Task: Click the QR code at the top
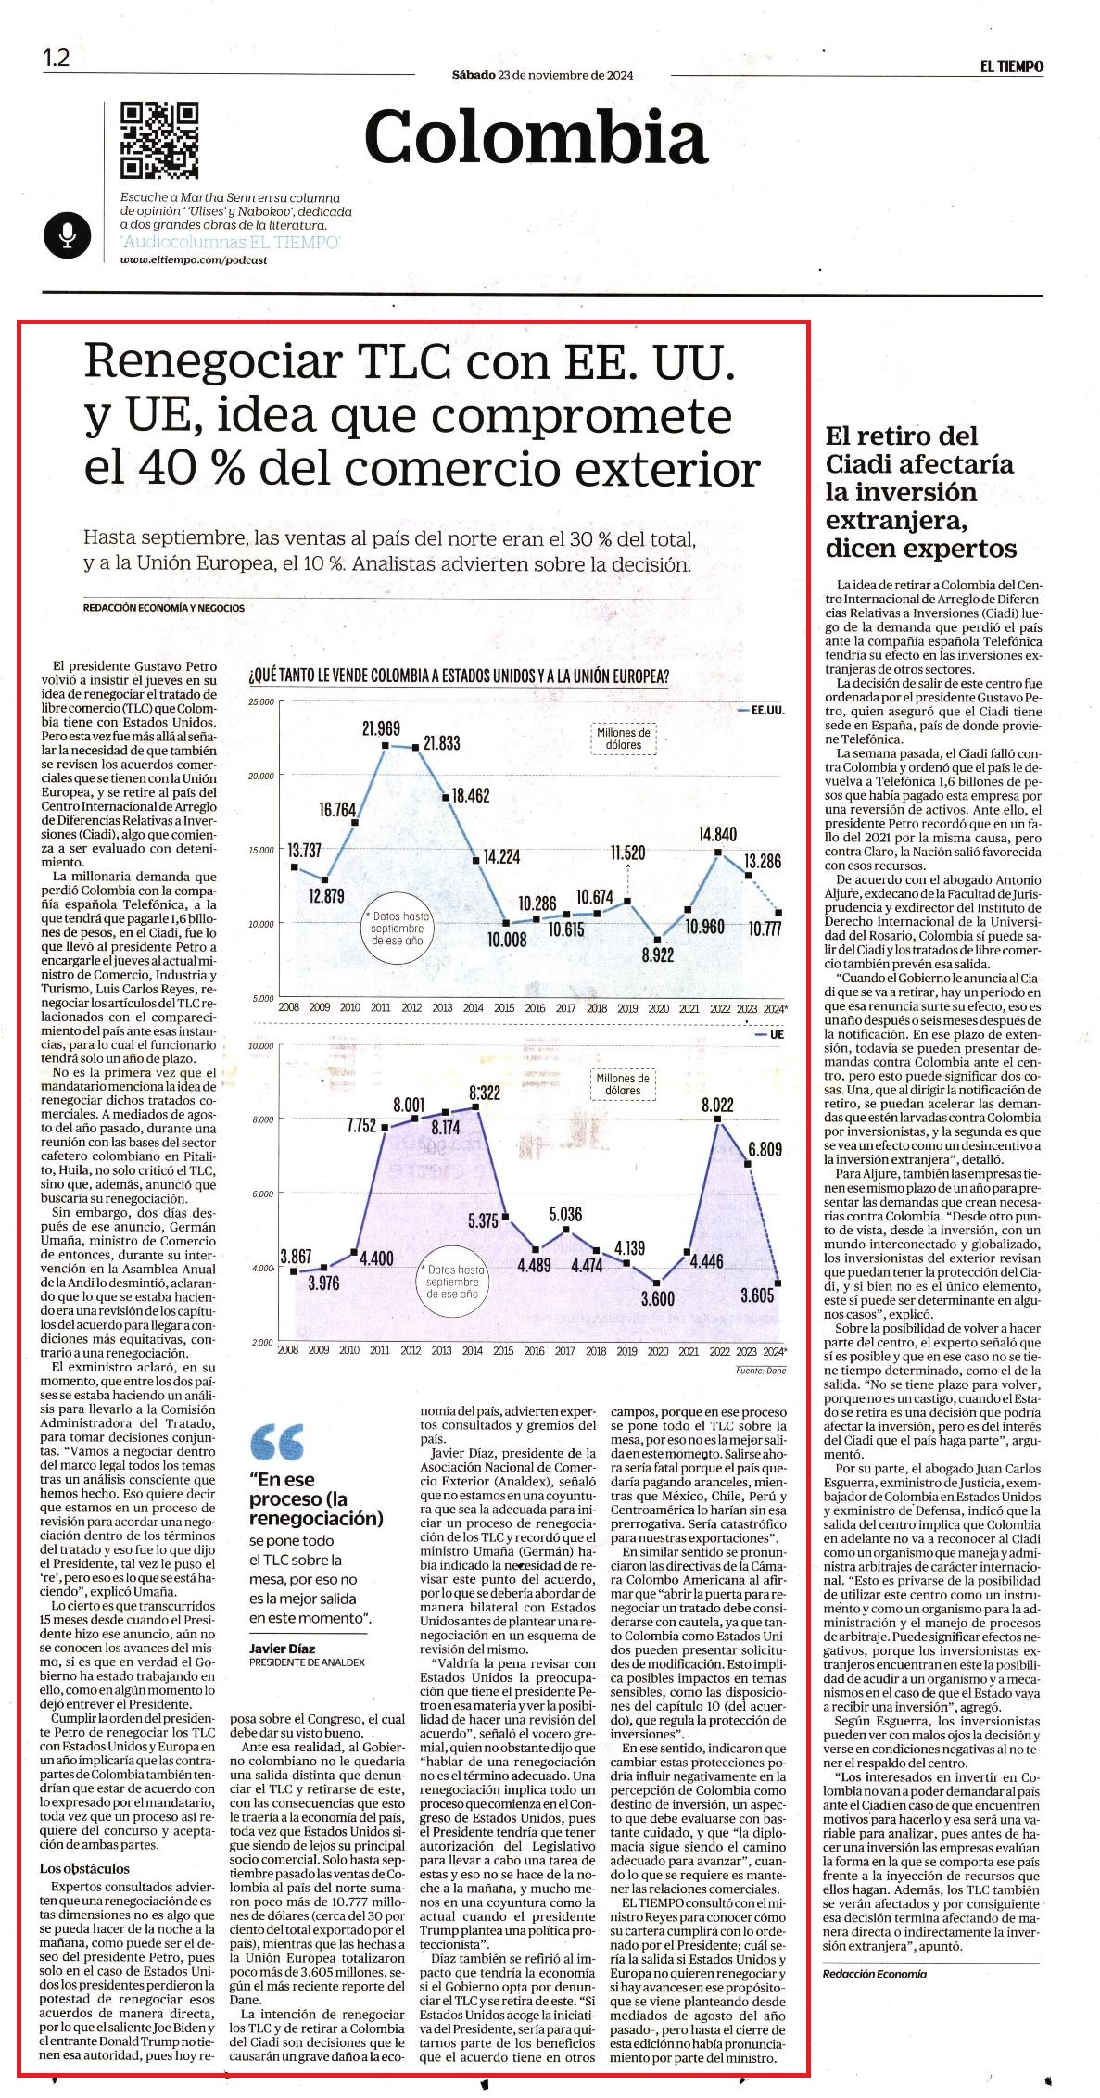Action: coord(160,141)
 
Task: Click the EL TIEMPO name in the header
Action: coord(1013,67)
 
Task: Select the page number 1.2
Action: coord(56,57)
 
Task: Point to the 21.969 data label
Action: coord(381,729)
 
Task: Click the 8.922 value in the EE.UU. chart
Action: coord(657,955)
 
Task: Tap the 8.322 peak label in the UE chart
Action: coord(485,1093)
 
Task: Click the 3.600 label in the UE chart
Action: coord(658,1299)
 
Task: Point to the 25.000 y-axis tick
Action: coord(262,701)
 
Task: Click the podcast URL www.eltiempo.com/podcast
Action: coord(194,260)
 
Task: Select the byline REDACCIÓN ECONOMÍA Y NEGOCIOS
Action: coord(164,608)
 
